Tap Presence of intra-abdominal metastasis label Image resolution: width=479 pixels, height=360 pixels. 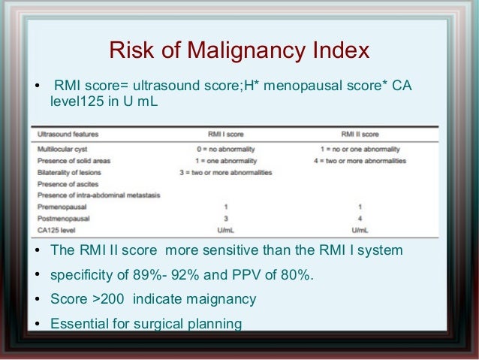[x=89, y=195]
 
